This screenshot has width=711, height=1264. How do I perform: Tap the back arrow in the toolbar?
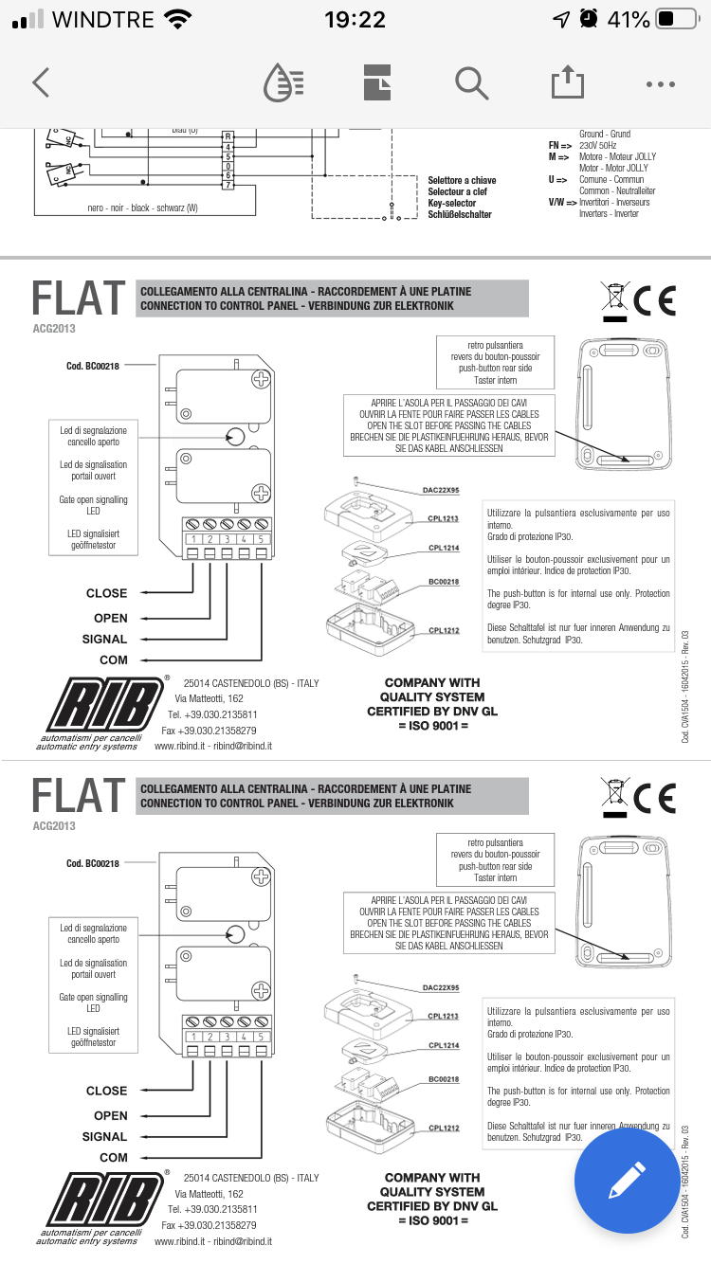click(40, 83)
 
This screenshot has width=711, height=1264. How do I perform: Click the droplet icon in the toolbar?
click(283, 83)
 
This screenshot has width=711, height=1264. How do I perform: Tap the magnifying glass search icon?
click(470, 83)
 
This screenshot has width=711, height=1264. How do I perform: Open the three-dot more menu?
click(660, 83)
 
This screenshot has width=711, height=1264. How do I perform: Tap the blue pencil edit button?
click(628, 1180)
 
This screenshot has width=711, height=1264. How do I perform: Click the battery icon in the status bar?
click(676, 19)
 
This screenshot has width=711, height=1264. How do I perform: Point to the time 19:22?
click(355, 19)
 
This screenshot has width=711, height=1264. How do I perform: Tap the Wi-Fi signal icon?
click(177, 19)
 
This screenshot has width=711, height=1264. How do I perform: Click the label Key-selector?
click(453, 203)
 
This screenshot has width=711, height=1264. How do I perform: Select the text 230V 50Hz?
click(597, 146)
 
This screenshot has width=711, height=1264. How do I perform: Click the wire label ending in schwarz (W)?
click(142, 208)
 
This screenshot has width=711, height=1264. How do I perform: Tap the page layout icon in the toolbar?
click(377, 83)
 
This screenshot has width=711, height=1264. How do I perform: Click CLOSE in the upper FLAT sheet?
click(106, 593)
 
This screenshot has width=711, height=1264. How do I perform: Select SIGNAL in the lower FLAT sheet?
click(104, 1136)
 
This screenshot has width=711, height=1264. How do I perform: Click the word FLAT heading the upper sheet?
click(78, 298)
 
